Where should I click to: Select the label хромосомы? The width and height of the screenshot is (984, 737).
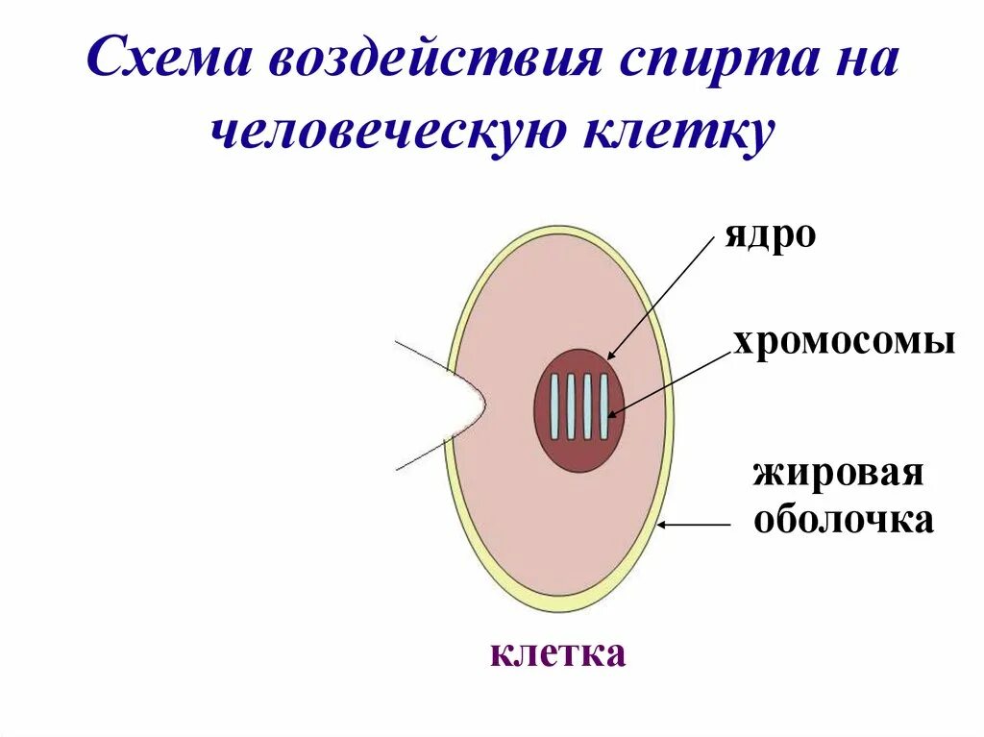pos(844,341)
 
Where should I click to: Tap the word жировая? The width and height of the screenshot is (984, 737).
pos(837,474)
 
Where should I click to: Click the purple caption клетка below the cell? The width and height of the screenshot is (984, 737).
pos(557,653)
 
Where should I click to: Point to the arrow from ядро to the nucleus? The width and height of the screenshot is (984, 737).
pos(663,298)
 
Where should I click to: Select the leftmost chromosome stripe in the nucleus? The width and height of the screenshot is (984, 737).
pos(554,406)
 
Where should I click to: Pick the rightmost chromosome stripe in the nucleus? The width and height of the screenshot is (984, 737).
pos(603,406)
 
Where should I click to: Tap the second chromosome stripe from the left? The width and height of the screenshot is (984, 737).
pos(571,406)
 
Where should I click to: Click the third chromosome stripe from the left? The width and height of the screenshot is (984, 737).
pos(587,406)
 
